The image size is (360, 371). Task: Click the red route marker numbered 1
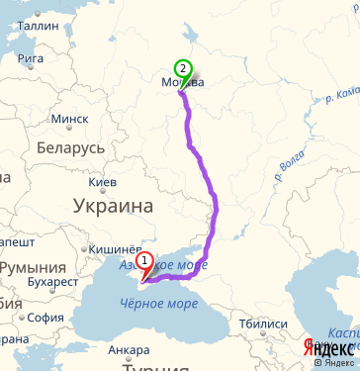145,263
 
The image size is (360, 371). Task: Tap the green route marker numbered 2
182,69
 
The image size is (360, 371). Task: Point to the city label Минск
68,119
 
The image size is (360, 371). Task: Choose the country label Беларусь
70,147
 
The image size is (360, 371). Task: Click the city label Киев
103,182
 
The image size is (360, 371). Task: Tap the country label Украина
113,207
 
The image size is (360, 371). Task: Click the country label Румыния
33,268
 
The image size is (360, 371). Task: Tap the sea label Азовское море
162,266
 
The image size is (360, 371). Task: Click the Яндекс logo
329,348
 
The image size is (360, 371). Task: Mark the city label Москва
182,84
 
